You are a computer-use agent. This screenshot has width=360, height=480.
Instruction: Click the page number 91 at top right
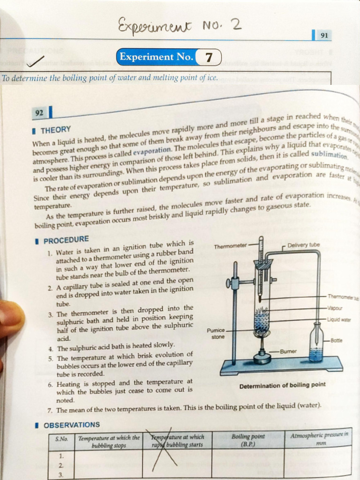click(323, 36)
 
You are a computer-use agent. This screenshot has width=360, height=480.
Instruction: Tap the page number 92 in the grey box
click(39, 112)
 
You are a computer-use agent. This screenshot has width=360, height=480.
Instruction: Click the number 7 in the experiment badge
click(209, 58)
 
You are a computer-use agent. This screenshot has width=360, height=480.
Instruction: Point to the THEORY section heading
click(55, 129)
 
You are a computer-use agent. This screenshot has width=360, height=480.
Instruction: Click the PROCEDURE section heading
click(65, 240)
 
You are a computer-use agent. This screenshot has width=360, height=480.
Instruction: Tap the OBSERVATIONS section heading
click(71, 425)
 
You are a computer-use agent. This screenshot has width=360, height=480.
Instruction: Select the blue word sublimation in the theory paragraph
click(329, 154)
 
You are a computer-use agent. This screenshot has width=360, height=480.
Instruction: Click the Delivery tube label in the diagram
click(303, 245)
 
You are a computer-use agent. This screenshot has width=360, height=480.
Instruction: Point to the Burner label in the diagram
click(289, 351)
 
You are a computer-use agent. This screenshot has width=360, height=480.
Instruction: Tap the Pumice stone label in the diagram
click(216, 333)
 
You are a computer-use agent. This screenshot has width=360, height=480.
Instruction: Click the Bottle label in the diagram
click(336, 340)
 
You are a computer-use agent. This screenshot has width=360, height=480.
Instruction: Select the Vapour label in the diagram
click(336, 308)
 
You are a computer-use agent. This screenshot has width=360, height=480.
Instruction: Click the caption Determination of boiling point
click(282, 385)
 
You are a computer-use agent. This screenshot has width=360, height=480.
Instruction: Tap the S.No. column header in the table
click(62, 439)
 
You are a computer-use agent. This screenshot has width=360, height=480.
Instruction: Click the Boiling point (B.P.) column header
click(248, 440)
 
